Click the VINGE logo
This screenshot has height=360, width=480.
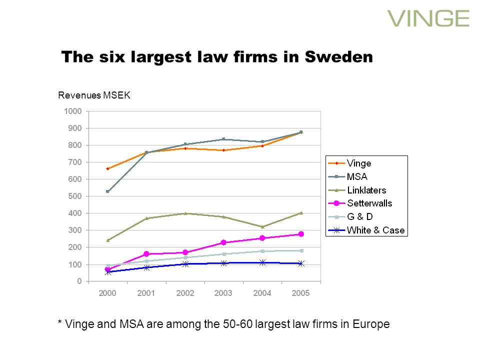[428, 18]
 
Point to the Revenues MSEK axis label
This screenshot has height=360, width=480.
[94, 95]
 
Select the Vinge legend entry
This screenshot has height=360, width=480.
[359, 163]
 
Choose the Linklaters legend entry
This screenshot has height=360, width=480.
[366, 190]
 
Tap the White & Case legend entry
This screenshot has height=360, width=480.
[375, 230]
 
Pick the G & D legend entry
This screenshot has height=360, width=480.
[360, 217]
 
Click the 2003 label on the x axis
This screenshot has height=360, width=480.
[223, 293]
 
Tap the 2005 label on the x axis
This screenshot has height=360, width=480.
[300, 293]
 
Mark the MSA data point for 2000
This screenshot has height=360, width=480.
[108, 191]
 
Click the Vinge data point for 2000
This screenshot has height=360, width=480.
[108, 168]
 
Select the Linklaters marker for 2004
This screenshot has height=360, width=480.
[262, 226]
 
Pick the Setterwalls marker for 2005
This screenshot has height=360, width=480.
[301, 234]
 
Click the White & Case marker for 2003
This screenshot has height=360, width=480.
[223, 263]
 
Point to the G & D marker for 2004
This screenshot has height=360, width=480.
[262, 251]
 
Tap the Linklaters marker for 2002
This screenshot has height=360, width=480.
[185, 213]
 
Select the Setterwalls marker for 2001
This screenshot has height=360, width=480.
[146, 254]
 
